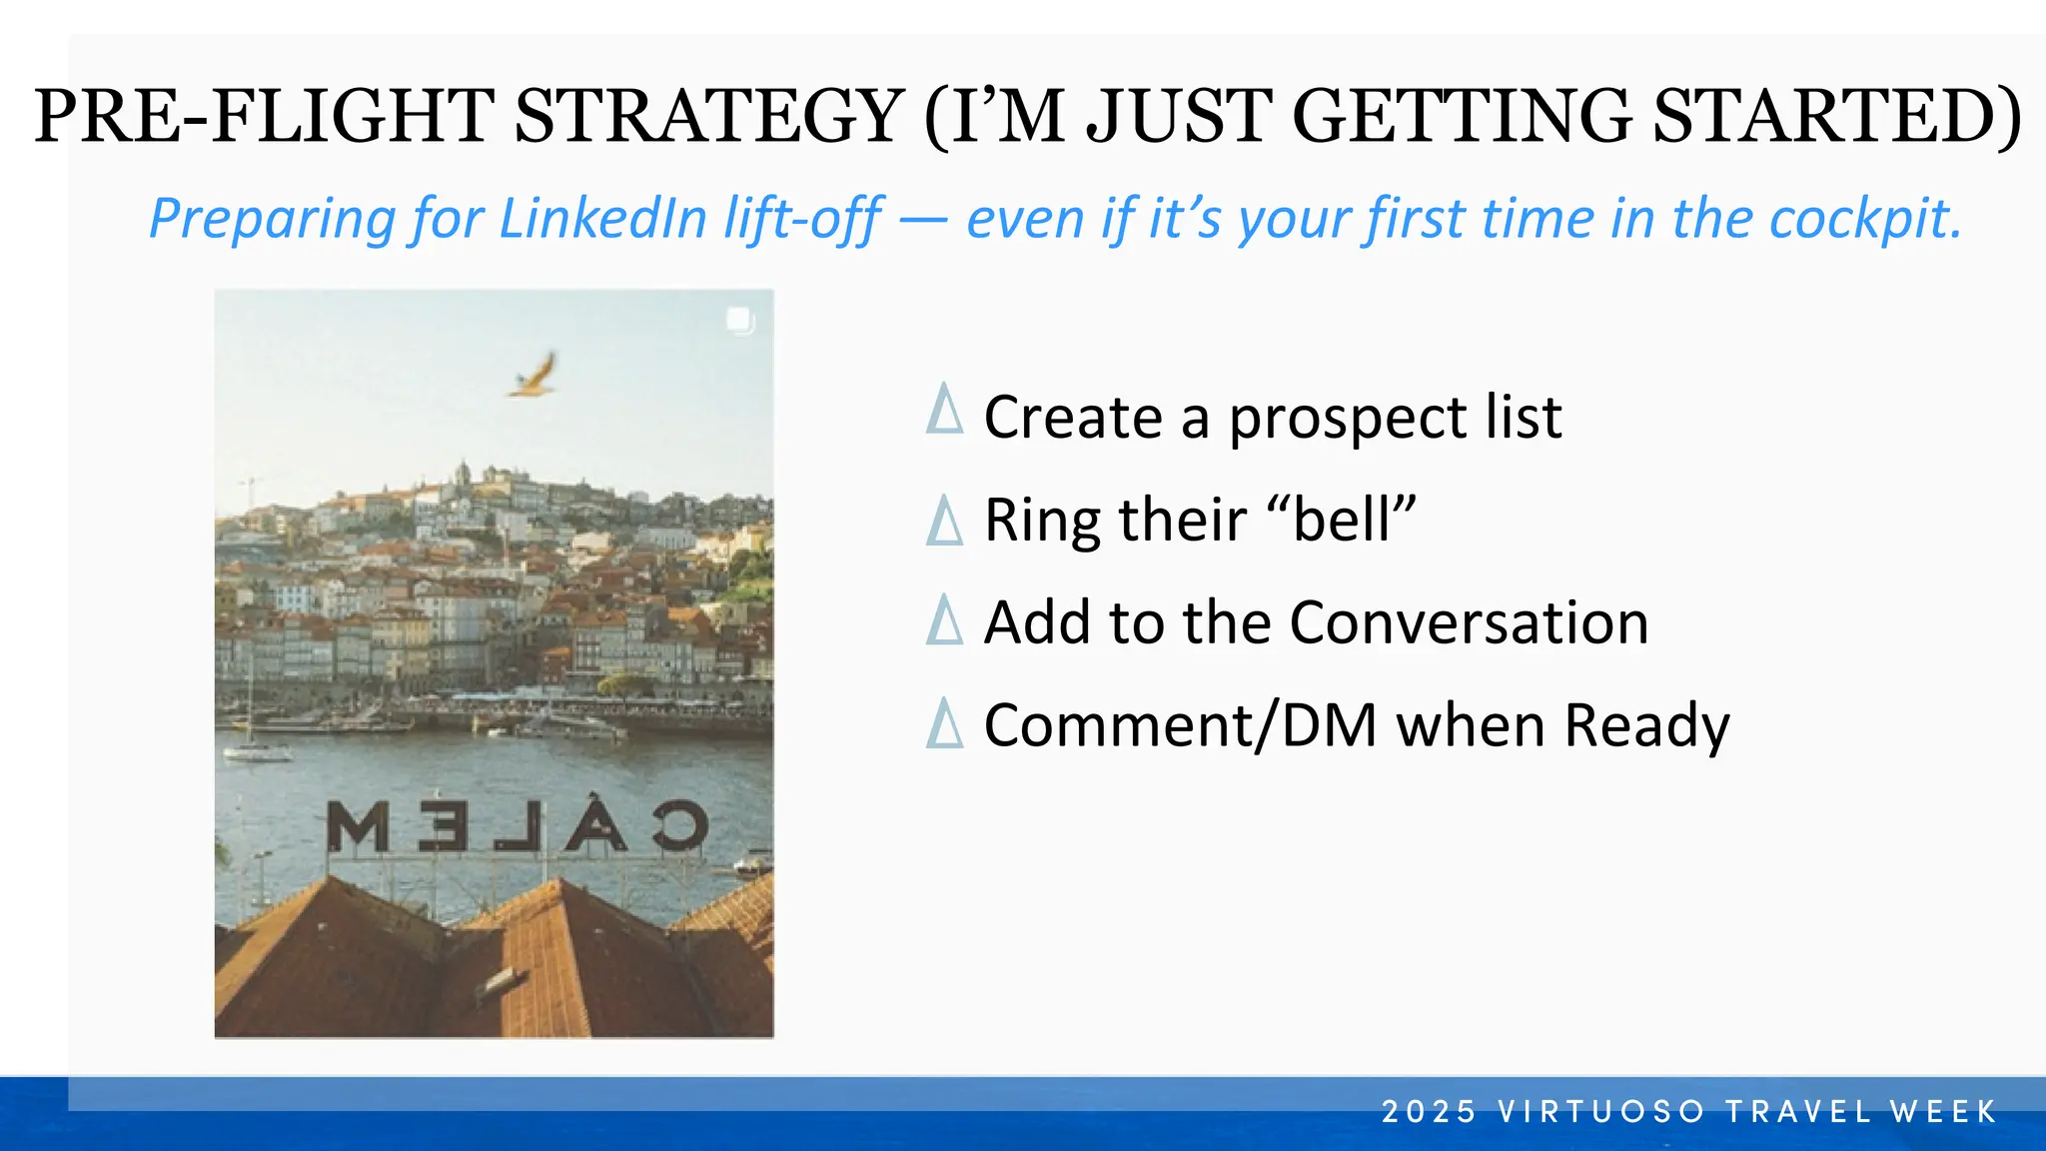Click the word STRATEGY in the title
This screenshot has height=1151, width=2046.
(708, 117)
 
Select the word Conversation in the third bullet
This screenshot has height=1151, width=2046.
(1469, 622)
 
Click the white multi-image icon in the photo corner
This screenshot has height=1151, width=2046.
(738, 320)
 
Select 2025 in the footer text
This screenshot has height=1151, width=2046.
(1429, 1111)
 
